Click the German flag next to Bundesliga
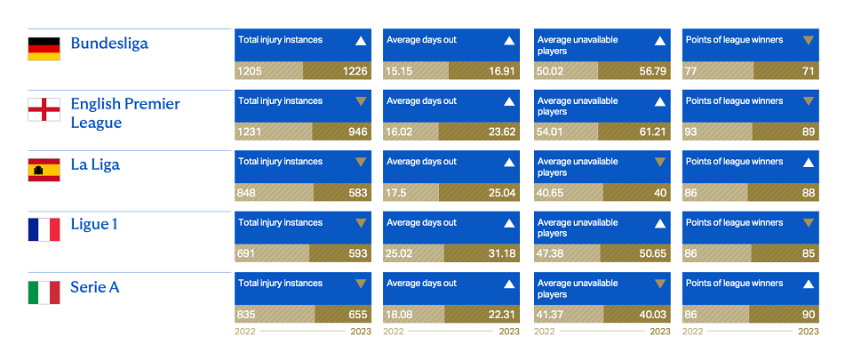click(44, 48)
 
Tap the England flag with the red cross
click(44, 109)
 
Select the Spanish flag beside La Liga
click(44, 170)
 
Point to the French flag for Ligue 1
click(44, 229)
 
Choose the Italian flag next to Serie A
click(44, 292)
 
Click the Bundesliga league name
click(109, 44)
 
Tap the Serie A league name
click(95, 287)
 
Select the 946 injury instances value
click(357, 132)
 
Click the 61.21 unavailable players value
click(652, 132)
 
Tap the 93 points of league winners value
click(691, 132)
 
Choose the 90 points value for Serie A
click(809, 315)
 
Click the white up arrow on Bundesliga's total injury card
click(360, 41)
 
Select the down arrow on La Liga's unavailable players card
click(660, 162)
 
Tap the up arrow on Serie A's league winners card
click(809, 284)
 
